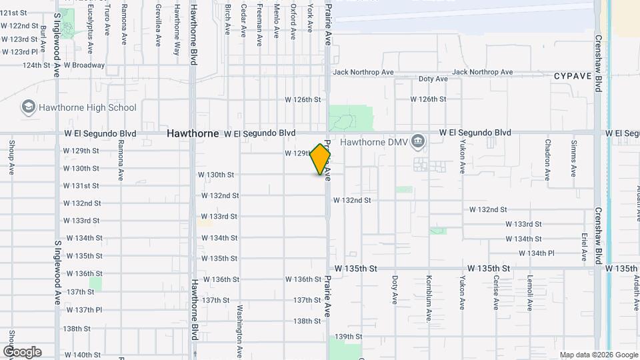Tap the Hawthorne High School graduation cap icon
click(x=28, y=107)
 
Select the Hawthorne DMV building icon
click(x=418, y=141)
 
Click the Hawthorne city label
click(x=193, y=133)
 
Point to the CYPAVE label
click(x=572, y=76)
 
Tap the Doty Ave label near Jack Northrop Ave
click(x=433, y=79)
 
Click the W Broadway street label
click(x=84, y=65)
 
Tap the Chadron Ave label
click(x=547, y=160)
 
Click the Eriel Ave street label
click(x=584, y=244)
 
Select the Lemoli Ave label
click(x=529, y=293)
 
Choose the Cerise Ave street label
click(x=496, y=293)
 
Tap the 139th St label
click(x=348, y=337)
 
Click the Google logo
click(x=22, y=352)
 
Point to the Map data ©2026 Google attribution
click(x=599, y=355)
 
